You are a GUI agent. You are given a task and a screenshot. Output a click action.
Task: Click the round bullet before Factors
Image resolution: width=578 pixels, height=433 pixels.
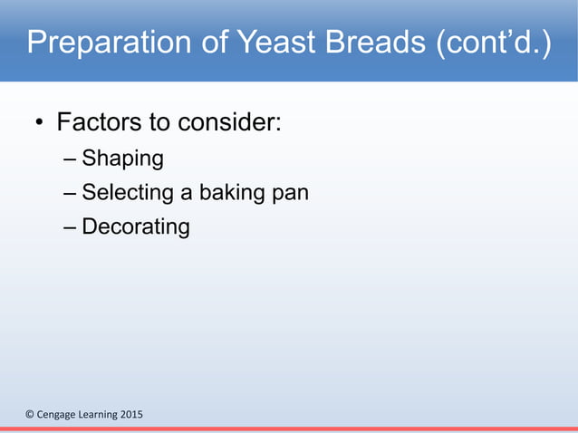(40, 124)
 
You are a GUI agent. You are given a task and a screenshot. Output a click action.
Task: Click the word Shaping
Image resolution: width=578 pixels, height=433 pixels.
(122, 160)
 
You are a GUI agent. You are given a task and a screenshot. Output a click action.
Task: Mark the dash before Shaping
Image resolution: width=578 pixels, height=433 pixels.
(71, 161)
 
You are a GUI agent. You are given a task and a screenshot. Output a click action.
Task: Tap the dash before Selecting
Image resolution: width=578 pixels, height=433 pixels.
(71, 194)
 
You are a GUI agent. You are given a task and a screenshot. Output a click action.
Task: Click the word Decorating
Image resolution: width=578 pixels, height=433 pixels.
(136, 226)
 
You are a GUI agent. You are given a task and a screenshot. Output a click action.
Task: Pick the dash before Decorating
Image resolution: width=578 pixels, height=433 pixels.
(71, 227)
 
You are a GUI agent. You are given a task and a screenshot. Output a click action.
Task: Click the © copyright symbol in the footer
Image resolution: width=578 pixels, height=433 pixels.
(29, 415)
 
